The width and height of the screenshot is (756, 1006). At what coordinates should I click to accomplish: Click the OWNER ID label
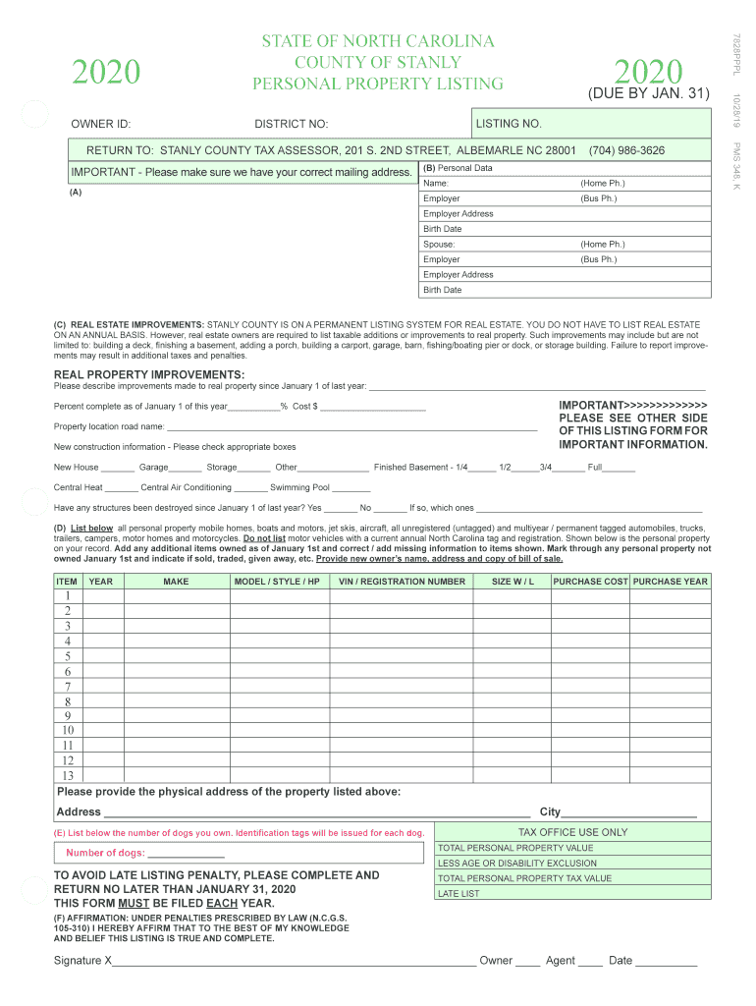[x=101, y=124]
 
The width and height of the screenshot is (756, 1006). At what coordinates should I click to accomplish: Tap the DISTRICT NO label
[x=292, y=124]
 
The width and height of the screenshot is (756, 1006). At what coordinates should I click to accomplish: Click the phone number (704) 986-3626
[x=626, y=150]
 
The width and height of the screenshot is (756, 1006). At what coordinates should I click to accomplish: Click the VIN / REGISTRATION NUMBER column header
[x=402, y=582]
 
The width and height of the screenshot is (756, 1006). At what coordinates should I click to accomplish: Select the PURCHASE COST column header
[x=590, y=582]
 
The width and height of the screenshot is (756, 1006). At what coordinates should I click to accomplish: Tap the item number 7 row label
[x=68, y=687]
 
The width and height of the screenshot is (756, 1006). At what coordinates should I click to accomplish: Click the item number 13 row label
[x=68, y=776]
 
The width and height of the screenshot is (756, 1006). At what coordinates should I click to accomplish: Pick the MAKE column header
[x=176, y=582]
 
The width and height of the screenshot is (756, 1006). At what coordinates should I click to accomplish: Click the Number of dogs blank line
[x=186, y=853]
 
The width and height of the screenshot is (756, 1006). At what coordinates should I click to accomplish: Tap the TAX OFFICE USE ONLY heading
[x=572, y=832]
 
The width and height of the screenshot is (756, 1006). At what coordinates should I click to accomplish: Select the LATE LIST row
[x=572, y=894]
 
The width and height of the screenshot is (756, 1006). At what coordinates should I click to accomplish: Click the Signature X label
[x=83, y=960]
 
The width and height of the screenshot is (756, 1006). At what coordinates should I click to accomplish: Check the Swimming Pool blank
[x=351, y=487]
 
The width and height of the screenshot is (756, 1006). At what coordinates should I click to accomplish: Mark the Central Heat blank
[x=121, y=487]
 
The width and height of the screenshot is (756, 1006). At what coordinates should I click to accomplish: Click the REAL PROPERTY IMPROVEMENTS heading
[x=149, y=374]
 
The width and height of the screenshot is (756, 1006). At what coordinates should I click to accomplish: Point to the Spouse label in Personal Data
[x=439, y=245]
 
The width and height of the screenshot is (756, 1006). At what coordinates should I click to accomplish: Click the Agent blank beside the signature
[x=590, y=961]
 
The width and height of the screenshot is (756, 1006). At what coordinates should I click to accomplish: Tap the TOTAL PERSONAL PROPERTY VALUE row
[x=572, y=848]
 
